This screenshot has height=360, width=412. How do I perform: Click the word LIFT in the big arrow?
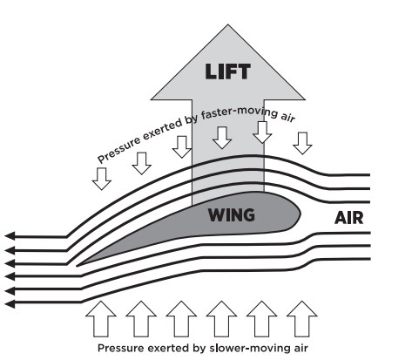(227, 71)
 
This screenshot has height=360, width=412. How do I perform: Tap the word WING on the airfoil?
(232, 215)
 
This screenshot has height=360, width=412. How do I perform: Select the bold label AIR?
(348, 218)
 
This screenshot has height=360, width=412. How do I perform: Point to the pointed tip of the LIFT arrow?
(227, 24)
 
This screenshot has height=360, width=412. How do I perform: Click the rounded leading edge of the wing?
(300, 214)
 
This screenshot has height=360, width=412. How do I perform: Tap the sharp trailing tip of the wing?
(77, 265)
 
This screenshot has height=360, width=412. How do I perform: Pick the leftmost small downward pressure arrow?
(102, 179)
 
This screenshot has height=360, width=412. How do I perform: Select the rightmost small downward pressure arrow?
(302, 143)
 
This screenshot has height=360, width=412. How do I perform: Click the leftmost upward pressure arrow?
(101, 319)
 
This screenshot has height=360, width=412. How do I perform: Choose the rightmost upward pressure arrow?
(301, 319)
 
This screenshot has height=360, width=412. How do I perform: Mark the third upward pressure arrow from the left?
(181, 319)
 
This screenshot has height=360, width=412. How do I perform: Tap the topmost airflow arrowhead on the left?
(10, 236)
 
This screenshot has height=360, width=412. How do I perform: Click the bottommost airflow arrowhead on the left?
(10, 304)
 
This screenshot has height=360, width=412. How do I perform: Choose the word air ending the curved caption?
(288, 117)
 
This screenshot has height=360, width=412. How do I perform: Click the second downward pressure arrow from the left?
(142, 163)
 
